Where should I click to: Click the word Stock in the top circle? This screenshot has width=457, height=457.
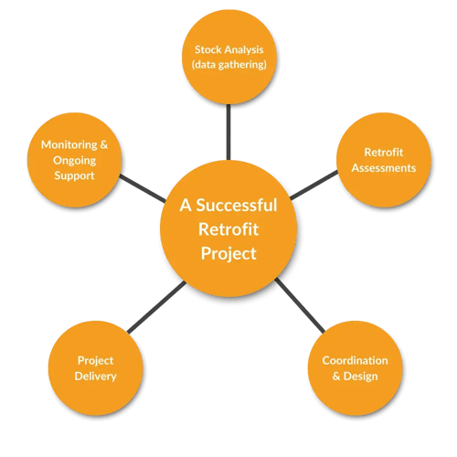click(x=209, y=49)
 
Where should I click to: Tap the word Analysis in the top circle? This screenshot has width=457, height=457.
click(x=248, y=49)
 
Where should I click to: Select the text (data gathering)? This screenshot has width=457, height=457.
click(x=228, y=66)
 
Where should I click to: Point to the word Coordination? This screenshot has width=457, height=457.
click(x=361, y=360)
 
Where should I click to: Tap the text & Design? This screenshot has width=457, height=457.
click(x=361, y=377)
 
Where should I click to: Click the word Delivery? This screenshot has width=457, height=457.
click(x=96, y=377)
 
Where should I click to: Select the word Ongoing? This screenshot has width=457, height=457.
click(x=74, y=159)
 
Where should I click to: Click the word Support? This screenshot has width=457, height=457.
click(x=74, y=175)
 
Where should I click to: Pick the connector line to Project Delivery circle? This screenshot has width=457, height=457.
click(x=157, y=307)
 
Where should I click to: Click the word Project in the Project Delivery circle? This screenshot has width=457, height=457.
click(x=96, y=360)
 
